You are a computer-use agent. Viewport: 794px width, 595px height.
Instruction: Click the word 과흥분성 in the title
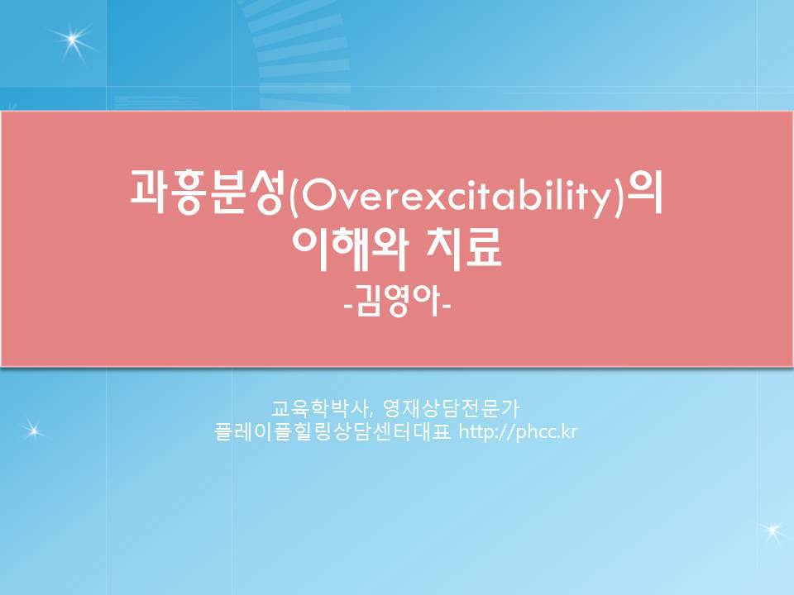point(207,193)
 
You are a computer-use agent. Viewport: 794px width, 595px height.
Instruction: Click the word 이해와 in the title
point(349,249)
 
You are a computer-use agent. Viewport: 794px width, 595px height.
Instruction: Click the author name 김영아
point(398,302)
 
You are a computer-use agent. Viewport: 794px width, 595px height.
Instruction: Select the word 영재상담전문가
point(452,407)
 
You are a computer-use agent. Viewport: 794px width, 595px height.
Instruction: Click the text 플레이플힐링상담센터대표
point(332,432)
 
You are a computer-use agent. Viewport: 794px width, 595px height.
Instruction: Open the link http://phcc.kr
point(518,432)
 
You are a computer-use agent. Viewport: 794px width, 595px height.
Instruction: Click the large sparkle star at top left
point(73,40)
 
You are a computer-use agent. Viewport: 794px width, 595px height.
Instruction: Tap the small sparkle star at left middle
point(33,431)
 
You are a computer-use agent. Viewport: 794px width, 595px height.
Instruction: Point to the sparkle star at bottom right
point(773,531)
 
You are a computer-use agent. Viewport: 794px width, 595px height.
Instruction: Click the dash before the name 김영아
point(349,305)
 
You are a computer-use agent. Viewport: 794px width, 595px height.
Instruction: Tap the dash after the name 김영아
point(446,305)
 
